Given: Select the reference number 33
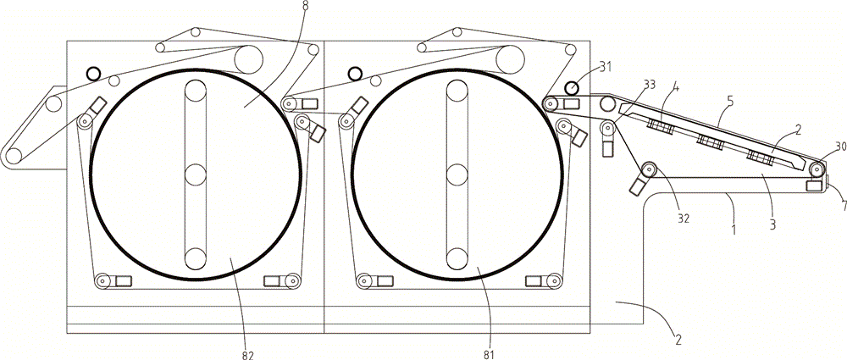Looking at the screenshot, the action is pyautogui.click(x=650, y=85).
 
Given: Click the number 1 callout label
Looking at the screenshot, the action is pyautogui.click(x=734, y=230).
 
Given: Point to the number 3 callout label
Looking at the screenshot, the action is pyautogui.click(x=772, y=224).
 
